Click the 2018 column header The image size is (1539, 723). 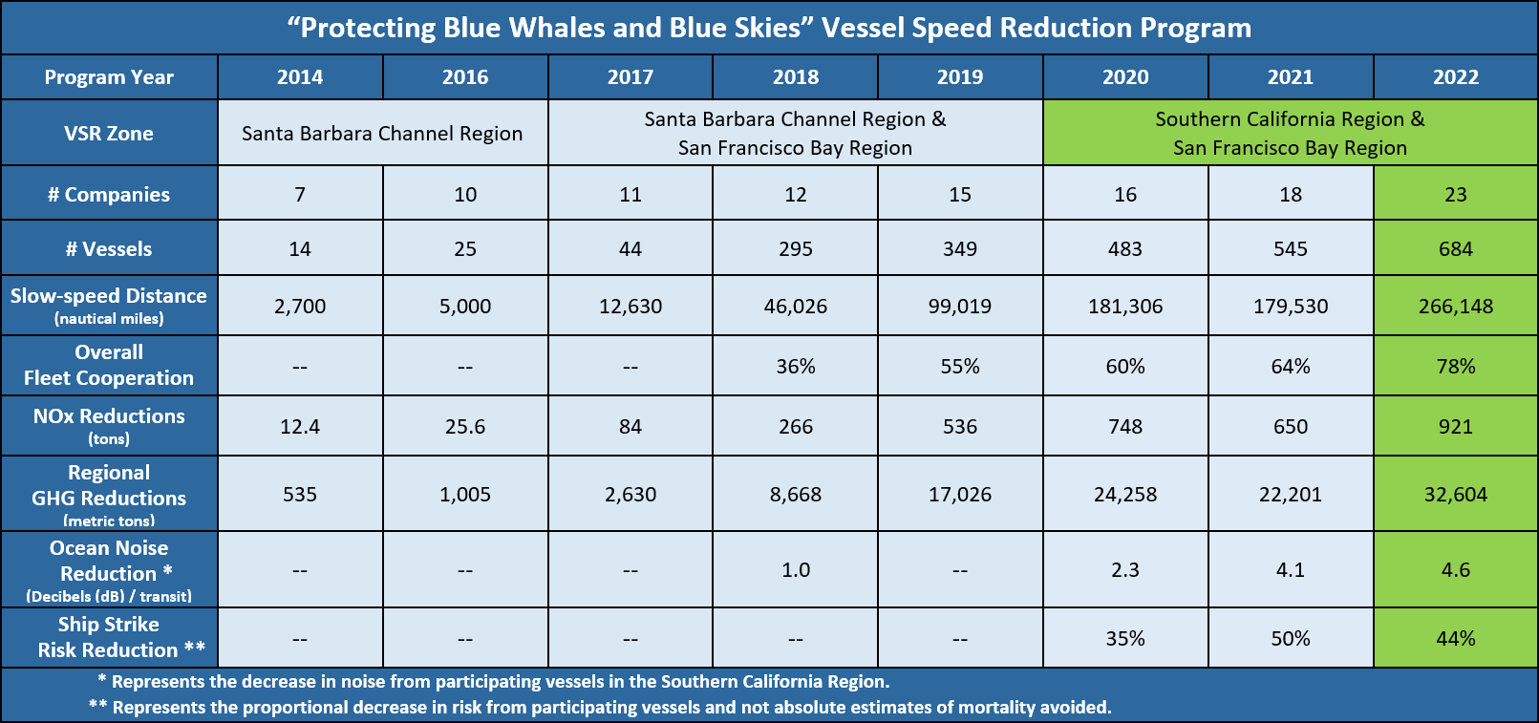click(795, 77)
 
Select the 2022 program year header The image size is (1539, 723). click(1455, 77)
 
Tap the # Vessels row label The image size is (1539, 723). click(109, 249)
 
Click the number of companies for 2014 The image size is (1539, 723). click(300, 195)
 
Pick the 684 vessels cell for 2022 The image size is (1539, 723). click(1455, 249)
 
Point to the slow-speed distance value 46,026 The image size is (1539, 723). click(795, 307)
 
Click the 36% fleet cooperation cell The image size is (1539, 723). click(795, 367)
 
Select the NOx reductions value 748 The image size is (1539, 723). click(1125, 426)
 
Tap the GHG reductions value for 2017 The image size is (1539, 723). click(631, 495)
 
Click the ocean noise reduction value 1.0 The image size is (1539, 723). click(795, 570)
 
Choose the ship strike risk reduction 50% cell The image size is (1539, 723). click(1290, 639)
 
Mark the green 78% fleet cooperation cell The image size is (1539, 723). click(1455, 367)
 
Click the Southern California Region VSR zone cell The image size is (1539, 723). click(1290, 133)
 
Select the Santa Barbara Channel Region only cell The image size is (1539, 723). click(382, 134)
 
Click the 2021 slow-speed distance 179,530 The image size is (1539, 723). click(1290, 307)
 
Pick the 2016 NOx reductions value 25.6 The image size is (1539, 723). click(465, 426)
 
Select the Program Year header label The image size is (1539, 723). click(109, 77)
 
